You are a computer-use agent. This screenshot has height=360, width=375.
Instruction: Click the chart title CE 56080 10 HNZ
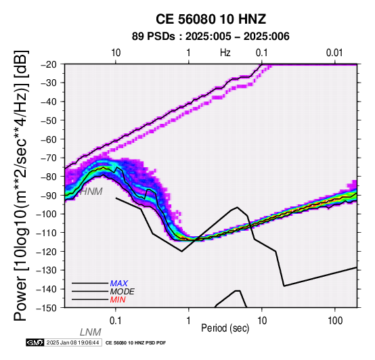tap(211, 19)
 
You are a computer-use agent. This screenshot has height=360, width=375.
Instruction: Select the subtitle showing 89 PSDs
tap(211, 37)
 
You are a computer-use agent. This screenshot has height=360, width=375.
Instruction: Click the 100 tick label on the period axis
tap(335, 321)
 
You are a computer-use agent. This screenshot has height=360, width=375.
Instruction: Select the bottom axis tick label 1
tap(189, 321)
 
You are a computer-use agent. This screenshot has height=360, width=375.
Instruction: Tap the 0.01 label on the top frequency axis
tap(334, 53)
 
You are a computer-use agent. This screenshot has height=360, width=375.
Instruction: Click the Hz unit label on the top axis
tap(225, 53)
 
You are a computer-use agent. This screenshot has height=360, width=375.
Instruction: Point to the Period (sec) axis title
tap(225, 328)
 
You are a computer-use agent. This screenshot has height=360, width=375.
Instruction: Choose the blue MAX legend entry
tap(119, 284)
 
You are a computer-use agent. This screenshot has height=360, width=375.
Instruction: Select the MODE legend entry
tap(123, 292)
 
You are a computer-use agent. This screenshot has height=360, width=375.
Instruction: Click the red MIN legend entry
tap(118, 300)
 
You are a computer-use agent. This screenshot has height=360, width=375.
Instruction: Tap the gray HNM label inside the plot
tap(91, 192)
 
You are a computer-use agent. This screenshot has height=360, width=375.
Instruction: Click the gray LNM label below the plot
tap(91, 332)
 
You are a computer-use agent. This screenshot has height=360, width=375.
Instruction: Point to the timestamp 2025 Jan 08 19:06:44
tap(72, 342)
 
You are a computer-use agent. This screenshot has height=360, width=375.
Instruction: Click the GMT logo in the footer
tap(35, 342)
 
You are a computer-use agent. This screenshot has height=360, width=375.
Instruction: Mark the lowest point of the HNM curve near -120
tap(182, 251)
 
